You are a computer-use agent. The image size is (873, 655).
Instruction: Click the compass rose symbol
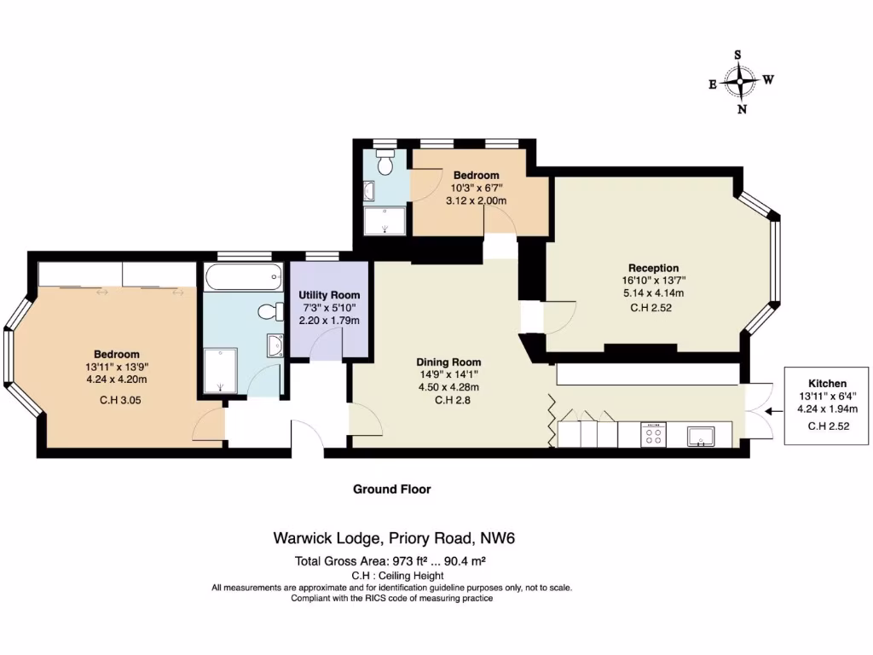coord(741,82)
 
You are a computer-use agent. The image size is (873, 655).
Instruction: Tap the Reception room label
coord(653,268)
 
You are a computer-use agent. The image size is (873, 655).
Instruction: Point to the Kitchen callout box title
coord(825,384)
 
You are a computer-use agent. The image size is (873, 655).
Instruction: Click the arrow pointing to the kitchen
coord(774,409)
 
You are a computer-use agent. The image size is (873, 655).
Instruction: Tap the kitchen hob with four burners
coord(653,435)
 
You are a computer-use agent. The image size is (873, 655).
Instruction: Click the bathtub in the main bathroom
coord(242,275)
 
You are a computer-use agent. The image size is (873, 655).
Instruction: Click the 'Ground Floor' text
coord(392,490)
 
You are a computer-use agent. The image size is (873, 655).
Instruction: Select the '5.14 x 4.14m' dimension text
coord(653,293)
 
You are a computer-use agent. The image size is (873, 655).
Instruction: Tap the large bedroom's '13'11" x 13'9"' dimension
coord(117,368)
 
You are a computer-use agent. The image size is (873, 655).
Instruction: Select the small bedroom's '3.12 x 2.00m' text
coord(477,201)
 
